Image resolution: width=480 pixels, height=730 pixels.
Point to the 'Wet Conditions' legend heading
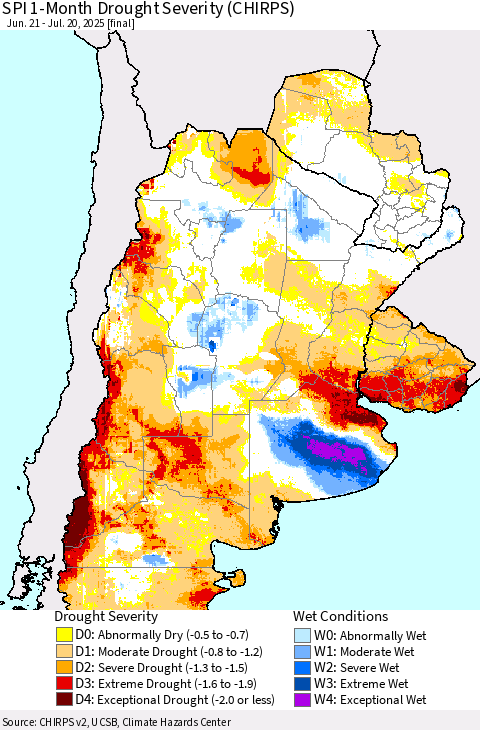(x=340, y=616)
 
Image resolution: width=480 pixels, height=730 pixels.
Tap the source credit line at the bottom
(x=116, y=722)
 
